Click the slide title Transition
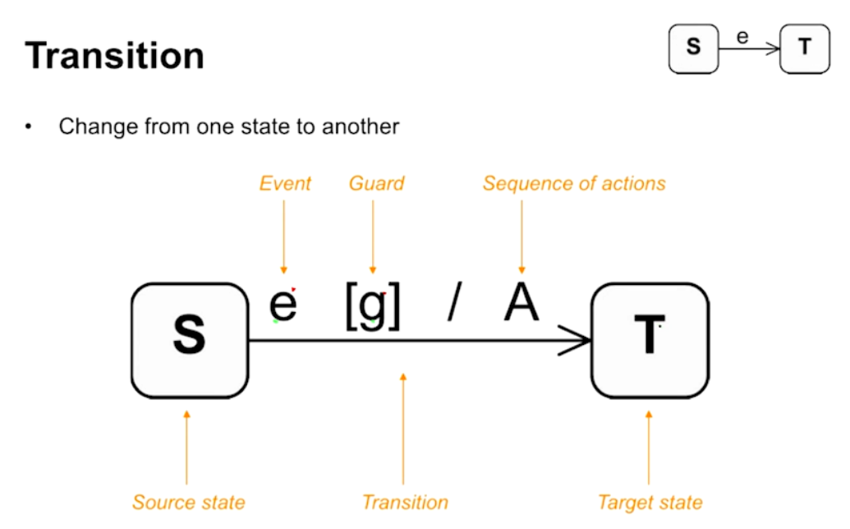coord(114,56)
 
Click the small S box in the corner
coord(694,48)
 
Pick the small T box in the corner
coord(804,48)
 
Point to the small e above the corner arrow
coord(742,37)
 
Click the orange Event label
coord(285,183)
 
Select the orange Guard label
coord(376,183)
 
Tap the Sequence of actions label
coord(574,183)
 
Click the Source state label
coord(189,502)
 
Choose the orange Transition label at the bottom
coord(405,502)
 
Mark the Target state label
coord(650,502)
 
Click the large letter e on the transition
coord(283,305)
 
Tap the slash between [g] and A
coord(455,304)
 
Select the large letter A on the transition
coord(521,303)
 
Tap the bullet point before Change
coord(30,127)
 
